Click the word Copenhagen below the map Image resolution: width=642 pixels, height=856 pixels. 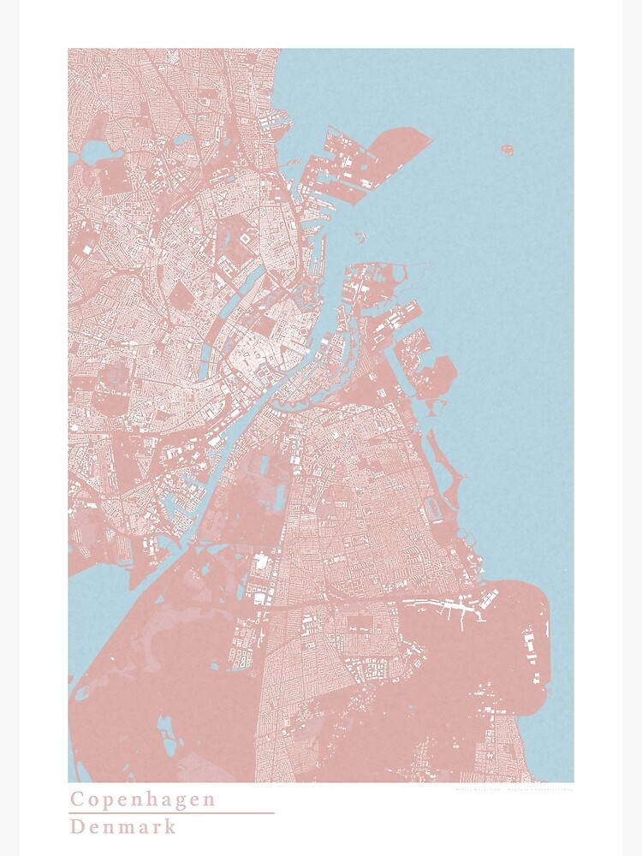(142, 800)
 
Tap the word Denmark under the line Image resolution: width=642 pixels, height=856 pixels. (123, 827)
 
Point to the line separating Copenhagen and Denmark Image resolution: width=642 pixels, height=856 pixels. (171, 813)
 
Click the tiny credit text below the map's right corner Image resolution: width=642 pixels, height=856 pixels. (514, 789)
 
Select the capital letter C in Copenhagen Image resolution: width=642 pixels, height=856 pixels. (77, 800)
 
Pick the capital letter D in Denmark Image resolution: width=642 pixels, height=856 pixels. (77, 827)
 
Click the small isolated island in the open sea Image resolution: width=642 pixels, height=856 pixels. (507, 151)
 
